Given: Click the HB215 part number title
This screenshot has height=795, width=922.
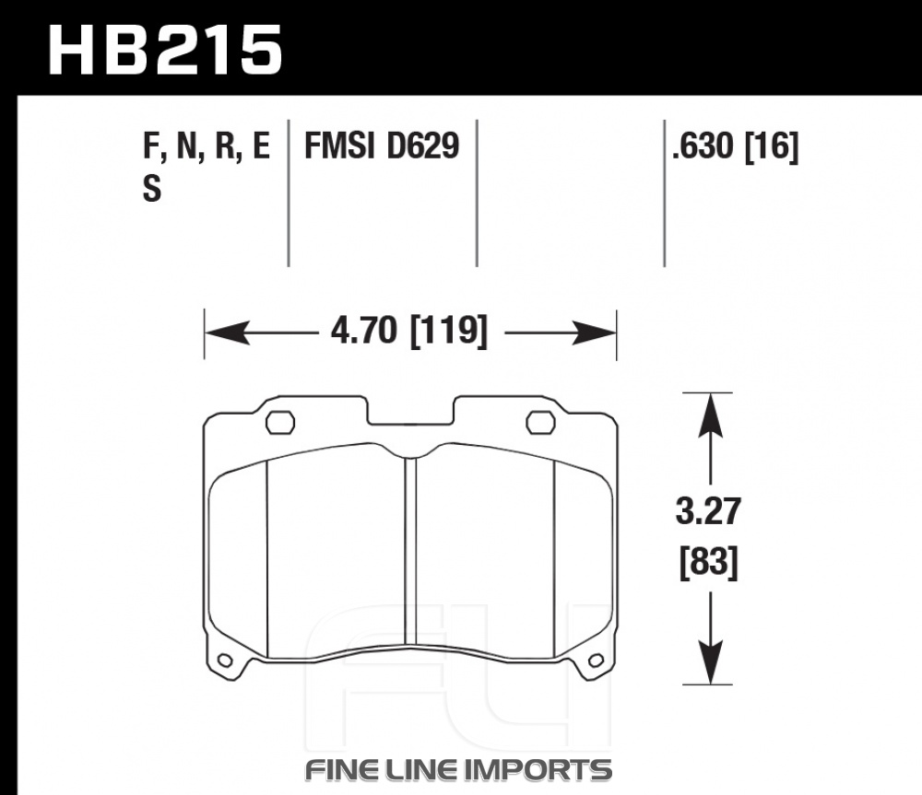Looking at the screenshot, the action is (165, 50).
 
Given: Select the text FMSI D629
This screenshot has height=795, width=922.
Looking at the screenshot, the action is (381, 146).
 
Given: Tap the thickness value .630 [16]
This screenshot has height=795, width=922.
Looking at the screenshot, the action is (736, 146).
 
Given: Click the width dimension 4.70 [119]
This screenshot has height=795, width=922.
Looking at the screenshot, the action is (409, 331).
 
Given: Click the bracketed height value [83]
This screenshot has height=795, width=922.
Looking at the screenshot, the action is (708, 563).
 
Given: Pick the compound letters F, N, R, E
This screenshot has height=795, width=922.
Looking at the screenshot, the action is (207, 146).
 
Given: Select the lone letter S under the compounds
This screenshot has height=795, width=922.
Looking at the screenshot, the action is (152, 189).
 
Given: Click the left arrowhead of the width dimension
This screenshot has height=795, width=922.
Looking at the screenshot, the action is (226, 333).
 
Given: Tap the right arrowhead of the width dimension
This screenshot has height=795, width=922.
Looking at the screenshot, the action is (594, 333).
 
